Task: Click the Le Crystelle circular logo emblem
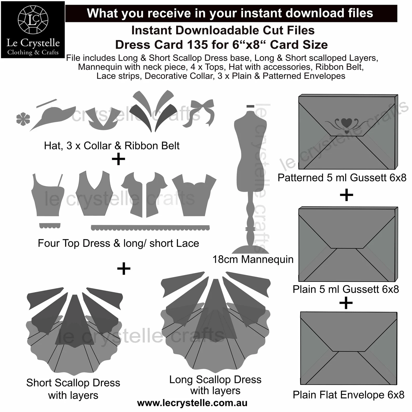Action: (33, 19)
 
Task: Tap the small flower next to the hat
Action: (23, 119)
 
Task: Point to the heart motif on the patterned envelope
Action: (347, 123)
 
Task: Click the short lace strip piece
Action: (50, 225)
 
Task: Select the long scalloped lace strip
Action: (150, 228)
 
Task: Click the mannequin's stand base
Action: (250, 249)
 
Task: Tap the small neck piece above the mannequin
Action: (250, 106)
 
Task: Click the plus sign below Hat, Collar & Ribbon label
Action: (119, 159)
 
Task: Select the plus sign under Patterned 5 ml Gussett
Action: (346, 195)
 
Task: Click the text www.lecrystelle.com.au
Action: (192, 403)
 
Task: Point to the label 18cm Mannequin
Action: (253, 259)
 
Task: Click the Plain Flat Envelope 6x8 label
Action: (348, 395)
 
